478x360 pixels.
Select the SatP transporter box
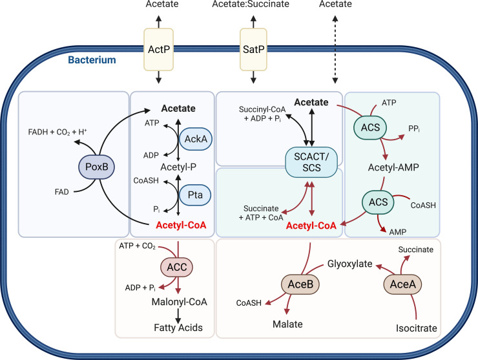(254, 50)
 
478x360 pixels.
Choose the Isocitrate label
(417, 328)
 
